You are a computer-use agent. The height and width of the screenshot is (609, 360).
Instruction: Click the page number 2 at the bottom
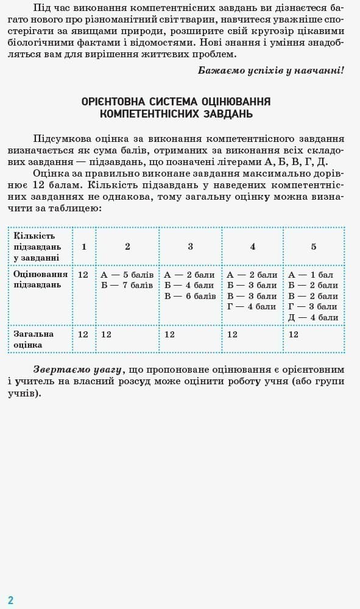10,600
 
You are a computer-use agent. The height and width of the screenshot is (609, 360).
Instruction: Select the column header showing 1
84,247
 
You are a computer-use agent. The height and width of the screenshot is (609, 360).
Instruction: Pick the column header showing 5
314,247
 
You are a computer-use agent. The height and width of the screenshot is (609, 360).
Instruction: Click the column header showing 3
190,247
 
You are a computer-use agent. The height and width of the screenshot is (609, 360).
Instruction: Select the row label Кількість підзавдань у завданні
37,247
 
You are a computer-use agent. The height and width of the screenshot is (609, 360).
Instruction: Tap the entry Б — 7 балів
127,285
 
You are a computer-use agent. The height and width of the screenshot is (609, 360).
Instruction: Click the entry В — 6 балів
190,296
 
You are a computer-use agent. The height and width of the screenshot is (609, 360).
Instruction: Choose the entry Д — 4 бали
313,317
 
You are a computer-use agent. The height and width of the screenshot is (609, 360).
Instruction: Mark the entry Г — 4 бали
252,306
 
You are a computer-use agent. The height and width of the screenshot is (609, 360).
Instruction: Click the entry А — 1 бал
311,275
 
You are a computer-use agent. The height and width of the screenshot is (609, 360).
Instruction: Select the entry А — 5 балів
127,275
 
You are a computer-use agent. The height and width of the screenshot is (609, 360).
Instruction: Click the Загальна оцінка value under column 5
294,334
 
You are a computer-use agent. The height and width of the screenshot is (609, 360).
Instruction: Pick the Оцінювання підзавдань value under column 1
83,275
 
